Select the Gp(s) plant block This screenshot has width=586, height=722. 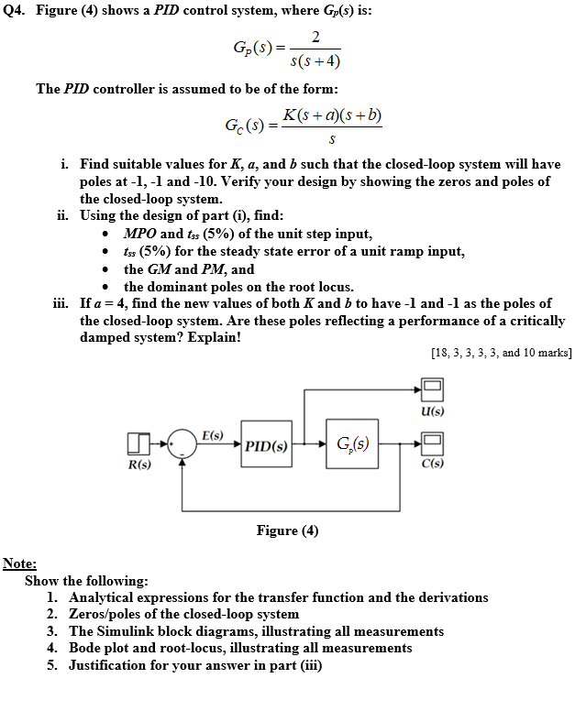pyautogui.click(x=352, y=445)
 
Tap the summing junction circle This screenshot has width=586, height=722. pyautogui.click(x=182, y=446)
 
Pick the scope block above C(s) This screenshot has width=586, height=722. pyautogui.click(x=433, y=445)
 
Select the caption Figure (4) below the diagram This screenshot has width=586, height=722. pyautogui.click(x=287, y=531)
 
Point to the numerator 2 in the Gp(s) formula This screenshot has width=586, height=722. pyautogui.click(x=315, y=37)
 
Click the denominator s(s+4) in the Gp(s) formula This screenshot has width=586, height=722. pyautogui.click(x=315, y=62)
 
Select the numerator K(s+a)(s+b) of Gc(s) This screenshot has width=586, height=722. pyautogui.click(x=332, y=115)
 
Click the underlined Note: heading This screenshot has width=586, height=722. pyautogui.click(x=20, y=563)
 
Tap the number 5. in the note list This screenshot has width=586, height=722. pyautogui.click(x=53, y=665)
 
